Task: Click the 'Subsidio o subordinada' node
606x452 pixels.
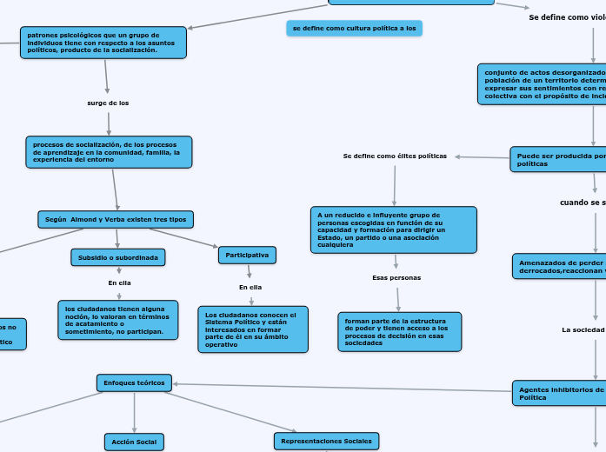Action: (x=118, y=257)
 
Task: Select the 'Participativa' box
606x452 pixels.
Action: (x=248, y=255)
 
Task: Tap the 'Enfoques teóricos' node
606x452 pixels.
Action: (x=134, y=382)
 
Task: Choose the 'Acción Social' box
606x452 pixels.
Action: (x=134, y=442)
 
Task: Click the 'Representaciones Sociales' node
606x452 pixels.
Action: (x=326, y=441)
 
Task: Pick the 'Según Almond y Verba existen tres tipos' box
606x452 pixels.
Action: (x=116, y=219)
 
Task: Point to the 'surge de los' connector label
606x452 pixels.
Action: (x=108, y=103)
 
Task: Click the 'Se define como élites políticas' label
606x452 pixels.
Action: (x=395, y=156)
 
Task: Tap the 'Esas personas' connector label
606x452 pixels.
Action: (x=396, y=277)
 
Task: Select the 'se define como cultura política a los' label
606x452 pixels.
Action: (x=355, y=29)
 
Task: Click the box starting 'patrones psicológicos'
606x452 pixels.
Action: (x=103, y=43)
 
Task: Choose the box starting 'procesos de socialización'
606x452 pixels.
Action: (x=109, y=152)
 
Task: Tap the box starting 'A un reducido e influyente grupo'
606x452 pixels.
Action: (x=393, y=229)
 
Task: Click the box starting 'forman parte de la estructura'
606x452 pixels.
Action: (x=399, y=331)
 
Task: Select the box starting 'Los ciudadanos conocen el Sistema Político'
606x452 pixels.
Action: (x=253, y=329)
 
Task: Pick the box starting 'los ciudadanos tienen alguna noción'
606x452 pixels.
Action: (x=117, y=319)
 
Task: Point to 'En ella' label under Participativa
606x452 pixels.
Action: (x=250, y=287)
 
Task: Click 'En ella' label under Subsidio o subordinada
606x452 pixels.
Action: (x=119, y=282)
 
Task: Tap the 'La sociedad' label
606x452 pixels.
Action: (x=583, y=329)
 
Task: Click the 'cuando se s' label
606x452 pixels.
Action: (x=583, y=203)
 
